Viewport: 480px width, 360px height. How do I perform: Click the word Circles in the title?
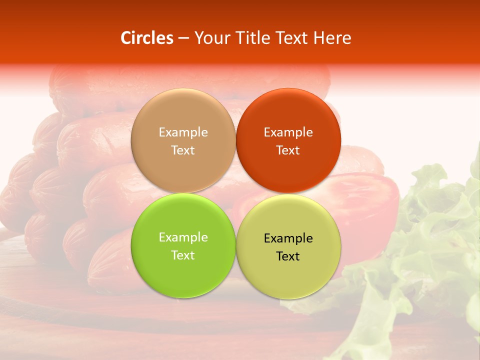(x=146, y=38)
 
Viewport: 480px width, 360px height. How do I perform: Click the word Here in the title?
(x=332, y=38)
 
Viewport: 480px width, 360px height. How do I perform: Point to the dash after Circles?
(x=183, y=38)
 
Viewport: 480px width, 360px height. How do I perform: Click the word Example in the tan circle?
(x=183, y=132)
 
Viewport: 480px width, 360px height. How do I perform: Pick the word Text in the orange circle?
(x=288, y=150)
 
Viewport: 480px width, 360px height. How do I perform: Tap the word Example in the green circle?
(x=183, y=237)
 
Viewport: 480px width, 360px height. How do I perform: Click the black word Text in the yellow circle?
(x=288, y=256)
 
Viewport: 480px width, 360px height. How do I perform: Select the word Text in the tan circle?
(x=183, y=150)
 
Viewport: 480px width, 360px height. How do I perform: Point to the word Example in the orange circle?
(x=288, y=132)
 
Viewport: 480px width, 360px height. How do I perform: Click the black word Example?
(x=288, y=238)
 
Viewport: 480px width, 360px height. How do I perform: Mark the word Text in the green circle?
(x=183, y=255)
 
